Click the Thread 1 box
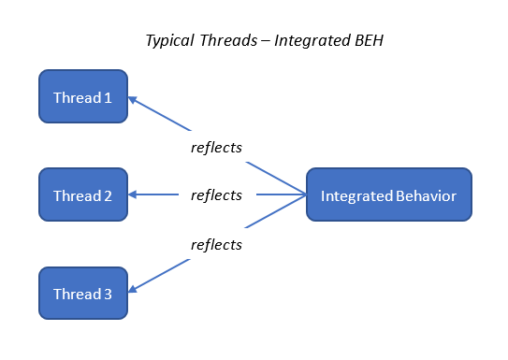[x=82, y=96]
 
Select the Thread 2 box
[x=82, y=195]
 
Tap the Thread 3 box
[x=82, y=294]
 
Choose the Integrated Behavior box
[x=388, y=195]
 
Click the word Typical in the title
[x=170, y=41]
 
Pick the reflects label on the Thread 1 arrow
[x=216, y=147]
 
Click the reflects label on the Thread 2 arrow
[x=216, y=195]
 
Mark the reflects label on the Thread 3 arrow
[x=216, y=245]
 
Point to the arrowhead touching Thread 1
[x=133, y=98]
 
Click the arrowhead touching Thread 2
[x=133, y=195]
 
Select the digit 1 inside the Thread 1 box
[x=109, y=97]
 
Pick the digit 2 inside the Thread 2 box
[x=109, y=195]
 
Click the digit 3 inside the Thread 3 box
[x=109, y=294]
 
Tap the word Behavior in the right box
[x=428, y=195]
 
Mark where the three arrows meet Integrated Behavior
[x=306, y=195]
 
